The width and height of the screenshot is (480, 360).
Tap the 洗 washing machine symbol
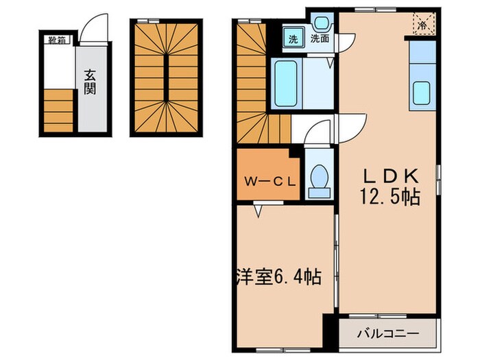point(293,39)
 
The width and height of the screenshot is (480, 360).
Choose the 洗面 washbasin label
point(320,39)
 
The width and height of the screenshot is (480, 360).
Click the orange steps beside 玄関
point(59,110)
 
